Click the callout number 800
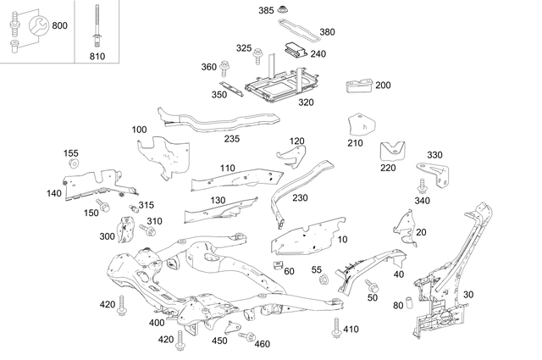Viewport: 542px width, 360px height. (x=59, y=25)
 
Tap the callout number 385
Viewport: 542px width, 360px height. (x=267, y=10)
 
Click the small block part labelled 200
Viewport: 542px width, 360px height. (x=357, y=86)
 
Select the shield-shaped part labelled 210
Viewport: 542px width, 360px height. (x=362, y=126)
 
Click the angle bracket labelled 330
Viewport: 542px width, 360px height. (x=440, y=174)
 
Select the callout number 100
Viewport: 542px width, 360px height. (x=139, y=130)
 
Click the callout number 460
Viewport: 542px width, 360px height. (x=262, y=344)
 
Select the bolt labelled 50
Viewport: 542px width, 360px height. (x=371, y=287)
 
